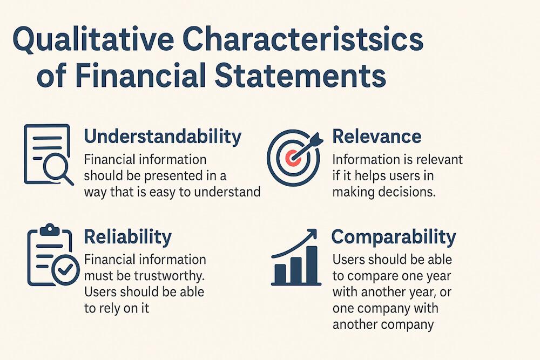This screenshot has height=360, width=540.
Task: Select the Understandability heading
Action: [163, 137]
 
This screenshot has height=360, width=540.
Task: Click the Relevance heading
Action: [376, 137]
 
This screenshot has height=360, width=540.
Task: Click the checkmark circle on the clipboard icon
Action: [66, 268]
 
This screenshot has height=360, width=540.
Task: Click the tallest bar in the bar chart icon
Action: [312, 265]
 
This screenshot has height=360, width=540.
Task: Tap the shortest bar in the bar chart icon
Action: [280, 274]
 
